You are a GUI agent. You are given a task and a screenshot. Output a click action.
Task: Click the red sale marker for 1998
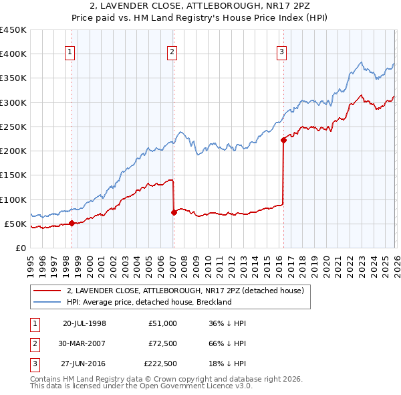click(x=72, y=223)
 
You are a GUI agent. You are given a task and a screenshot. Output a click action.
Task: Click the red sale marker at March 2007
click(x=174, y=212)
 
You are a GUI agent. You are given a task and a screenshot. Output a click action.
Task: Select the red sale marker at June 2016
click(x=283, y=140)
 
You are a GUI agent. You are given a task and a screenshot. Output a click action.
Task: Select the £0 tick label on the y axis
click(x=20, y=248)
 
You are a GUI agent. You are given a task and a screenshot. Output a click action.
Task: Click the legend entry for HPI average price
click(x=148, y=302)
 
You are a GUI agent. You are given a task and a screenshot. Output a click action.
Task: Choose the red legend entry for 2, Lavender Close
click(x=185, y=291)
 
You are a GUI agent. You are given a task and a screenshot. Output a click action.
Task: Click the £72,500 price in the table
click(x=163, y=343)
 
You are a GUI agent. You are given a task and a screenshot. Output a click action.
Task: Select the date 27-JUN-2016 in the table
click(x=84, y=364)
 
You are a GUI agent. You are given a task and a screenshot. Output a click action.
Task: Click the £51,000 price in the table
click(x=163, y=323)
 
